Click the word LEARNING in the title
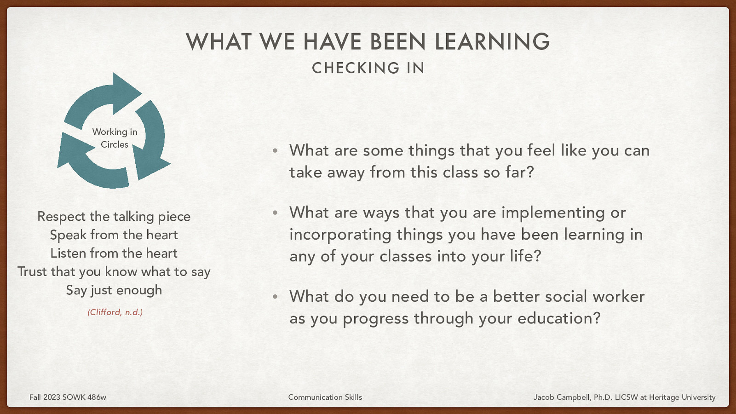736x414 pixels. point(492,41)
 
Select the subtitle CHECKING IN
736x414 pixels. point(368,68)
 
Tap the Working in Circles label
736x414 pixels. point(115,138)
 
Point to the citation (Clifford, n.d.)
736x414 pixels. point(115,312)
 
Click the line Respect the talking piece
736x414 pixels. point(114,216)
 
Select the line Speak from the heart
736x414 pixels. point(114,235)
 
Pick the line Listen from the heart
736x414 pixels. point(114,253)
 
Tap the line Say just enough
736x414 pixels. point(114,290)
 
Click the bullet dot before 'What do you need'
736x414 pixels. point(275,297)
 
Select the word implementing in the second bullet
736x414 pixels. point(553,213)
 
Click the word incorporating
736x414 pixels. point(340,235)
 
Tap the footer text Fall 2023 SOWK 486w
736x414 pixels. point(68,397)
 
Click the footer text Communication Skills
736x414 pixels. point(325,397)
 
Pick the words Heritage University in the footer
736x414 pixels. point(682,397)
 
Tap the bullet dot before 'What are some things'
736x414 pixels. point(275,151)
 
